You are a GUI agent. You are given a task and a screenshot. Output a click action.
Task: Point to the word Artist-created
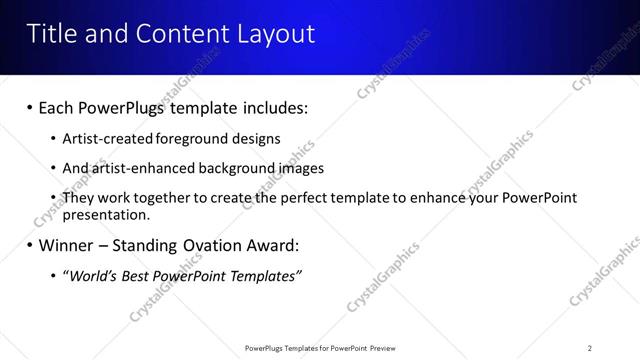pos(107,139)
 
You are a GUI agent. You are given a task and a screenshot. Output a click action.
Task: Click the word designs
pos(258,139)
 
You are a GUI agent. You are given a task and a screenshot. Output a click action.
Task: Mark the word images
pos(301,169)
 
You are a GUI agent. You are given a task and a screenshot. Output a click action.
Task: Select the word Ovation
pos(213,245)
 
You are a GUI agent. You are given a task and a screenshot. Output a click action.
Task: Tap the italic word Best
pos(134,276)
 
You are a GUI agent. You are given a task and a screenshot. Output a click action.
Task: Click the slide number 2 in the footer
pos(590,348)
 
